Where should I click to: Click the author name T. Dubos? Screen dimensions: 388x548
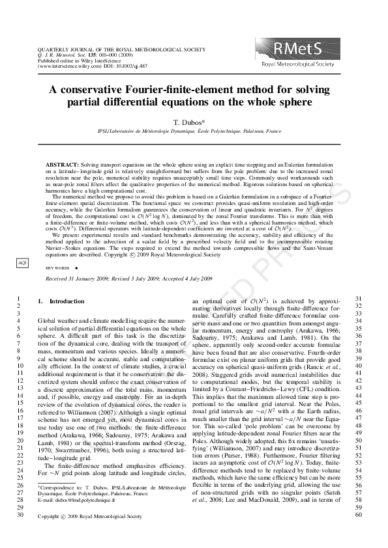194,122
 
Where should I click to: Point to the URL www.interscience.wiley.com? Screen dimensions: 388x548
66,66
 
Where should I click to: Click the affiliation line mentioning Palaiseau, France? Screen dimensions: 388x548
194,131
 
